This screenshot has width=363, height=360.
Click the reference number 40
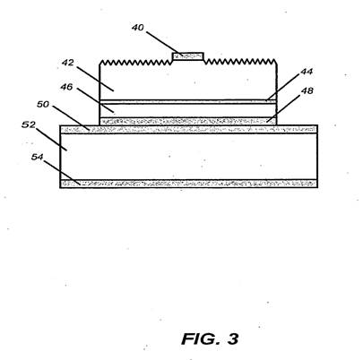coord(138,28)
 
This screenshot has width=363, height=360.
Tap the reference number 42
coord(68,63)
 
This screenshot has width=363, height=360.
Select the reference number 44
coord(307,72)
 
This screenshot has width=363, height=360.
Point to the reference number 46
coord(66,87)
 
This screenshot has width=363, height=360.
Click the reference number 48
coord(307,90)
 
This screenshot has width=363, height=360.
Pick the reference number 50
coord(43,104)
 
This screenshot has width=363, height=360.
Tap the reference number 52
coord(29,124)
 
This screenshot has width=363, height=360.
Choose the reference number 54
coord(38,157)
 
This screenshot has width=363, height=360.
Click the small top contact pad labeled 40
coord(188,56)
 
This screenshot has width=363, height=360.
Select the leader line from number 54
coord(62,172)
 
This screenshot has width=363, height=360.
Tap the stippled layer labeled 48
coord(188,121)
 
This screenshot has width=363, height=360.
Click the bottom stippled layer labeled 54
coord(188,184)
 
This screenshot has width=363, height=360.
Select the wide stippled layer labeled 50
coord(188,129)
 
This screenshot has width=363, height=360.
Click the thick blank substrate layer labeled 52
coord(188,157)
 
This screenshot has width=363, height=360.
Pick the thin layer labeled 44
coord(188,102)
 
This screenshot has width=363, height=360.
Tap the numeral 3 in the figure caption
coord(233,339)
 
